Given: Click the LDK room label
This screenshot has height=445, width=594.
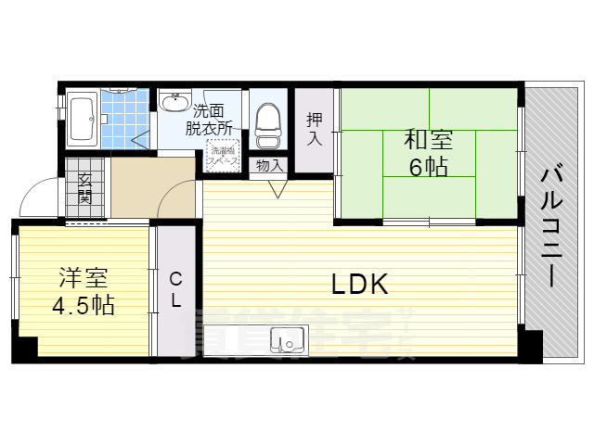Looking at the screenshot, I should [x=359, y=285].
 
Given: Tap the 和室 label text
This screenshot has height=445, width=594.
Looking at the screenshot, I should [x=428, y=141].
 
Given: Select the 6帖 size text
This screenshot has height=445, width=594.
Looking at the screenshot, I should [x=428, y=168].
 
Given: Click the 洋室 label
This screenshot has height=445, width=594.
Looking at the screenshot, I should [x=84, y=277].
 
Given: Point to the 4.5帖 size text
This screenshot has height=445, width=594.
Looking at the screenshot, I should [x=84, y=306].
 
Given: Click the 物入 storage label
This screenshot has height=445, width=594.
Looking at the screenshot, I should [x=269, y=165].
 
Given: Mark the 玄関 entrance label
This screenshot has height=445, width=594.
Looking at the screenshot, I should [x=84, y=187].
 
